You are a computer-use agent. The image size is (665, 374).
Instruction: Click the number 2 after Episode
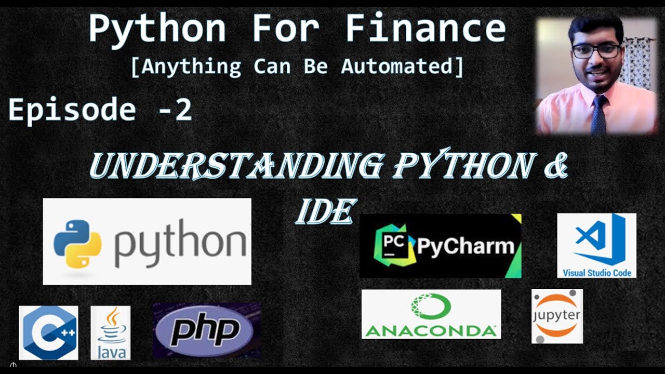183,110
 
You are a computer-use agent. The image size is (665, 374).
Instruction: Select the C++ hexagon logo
48,332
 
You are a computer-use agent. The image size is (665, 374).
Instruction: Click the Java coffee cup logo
110,333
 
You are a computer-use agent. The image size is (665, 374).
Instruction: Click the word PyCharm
465,246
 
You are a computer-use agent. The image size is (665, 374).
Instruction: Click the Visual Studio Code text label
597,273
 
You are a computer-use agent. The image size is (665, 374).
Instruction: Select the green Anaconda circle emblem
430,306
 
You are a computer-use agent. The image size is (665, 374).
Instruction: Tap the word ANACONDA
431,330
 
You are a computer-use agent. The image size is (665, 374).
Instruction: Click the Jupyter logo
557,316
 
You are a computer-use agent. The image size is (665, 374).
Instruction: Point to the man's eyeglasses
596,51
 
